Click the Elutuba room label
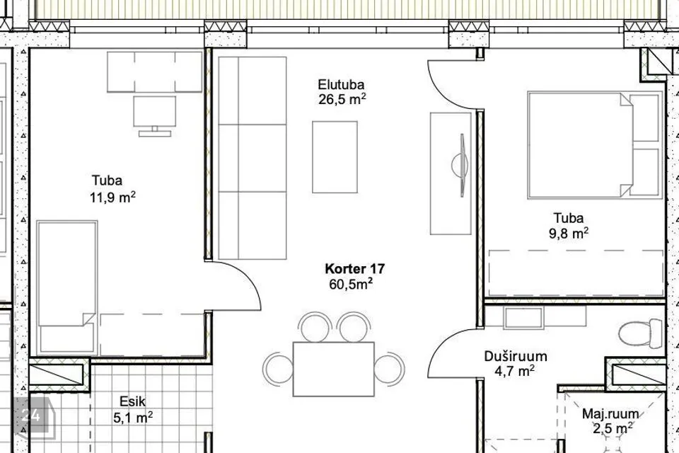click(341, 84)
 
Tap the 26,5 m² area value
click(342, 99)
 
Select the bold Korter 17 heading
click(354, 269)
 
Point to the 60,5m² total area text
click(351, 285)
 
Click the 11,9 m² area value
click(112, 197)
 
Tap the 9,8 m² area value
click(569, 234)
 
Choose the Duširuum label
click(516, 356)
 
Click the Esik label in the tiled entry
click(132, 401)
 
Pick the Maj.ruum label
click(610, 414)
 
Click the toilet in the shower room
click(641, 333)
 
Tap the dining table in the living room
click(333, 369)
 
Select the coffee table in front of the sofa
click(335, 157)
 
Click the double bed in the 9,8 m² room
click(595, 145)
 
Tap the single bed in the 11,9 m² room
click(66, 287)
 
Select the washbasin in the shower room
click(523, 317)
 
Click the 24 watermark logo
click(31, 415)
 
